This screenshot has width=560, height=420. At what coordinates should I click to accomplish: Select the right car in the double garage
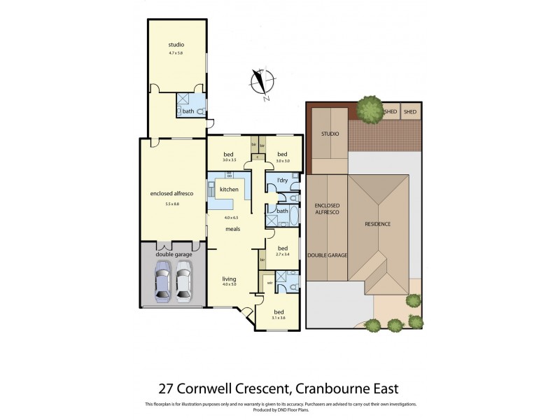click(x=183, y=278)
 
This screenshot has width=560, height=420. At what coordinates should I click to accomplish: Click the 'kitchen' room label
click(x=229, y=190)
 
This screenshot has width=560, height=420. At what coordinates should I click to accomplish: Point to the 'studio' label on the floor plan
click(x=176, y=45)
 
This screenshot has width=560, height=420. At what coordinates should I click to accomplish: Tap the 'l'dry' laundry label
click(x=282, y=181)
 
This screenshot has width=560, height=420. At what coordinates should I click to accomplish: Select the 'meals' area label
click(x=232, y=229)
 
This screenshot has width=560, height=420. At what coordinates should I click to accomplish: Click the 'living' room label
click(x=230, y=277)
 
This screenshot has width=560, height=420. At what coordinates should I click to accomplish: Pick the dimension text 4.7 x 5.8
click(x=176, y=53)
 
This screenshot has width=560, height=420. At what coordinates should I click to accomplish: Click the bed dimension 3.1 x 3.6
click(x=279, y=318)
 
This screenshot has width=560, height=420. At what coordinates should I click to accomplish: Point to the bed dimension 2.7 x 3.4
click(x=282, y=255)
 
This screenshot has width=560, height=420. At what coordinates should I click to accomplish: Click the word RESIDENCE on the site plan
click(x=377, y=224)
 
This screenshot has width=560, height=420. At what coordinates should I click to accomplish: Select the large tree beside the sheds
click(x=368, y=108)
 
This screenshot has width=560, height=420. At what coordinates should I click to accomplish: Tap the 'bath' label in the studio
click(x=188, y=111)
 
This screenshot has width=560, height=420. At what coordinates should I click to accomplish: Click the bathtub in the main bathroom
click(x=294, y=215)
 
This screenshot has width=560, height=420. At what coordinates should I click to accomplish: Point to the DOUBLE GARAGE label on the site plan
click(x=328, y=256)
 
